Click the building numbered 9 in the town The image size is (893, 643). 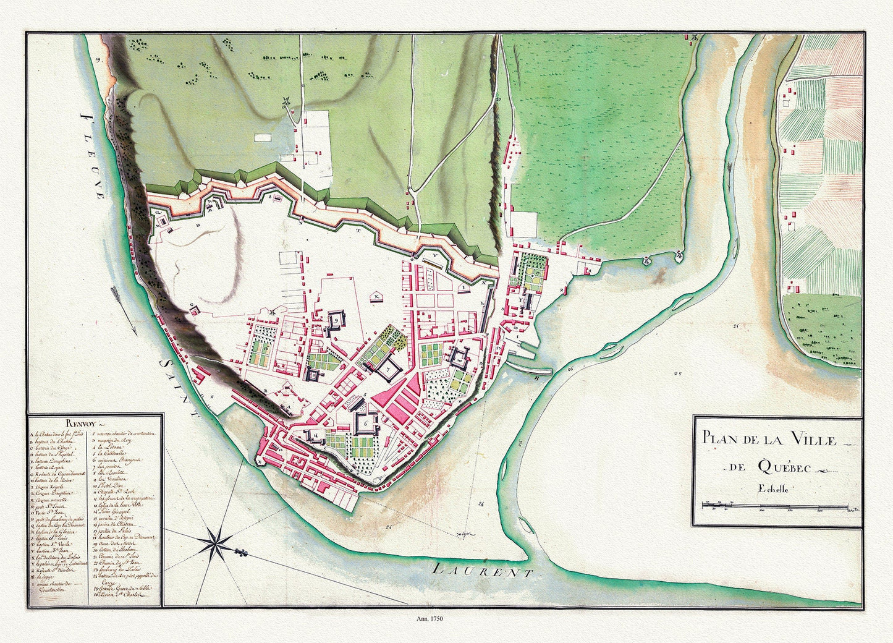point(336,321)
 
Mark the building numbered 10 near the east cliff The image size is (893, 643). point(460,357)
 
